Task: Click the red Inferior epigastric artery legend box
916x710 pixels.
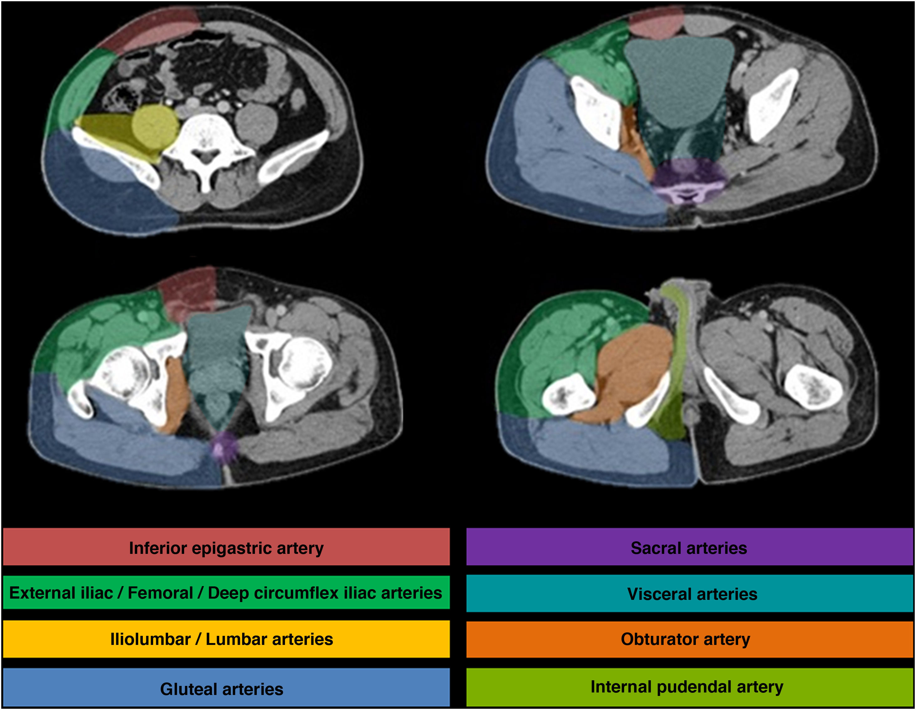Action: tap(226, 547)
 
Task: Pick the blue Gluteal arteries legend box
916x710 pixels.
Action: tap(226, 687)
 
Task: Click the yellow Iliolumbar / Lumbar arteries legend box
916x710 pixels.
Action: tap(226, 639)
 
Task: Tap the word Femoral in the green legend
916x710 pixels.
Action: tap(160, 593)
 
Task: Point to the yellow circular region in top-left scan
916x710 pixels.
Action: tap(155, 126)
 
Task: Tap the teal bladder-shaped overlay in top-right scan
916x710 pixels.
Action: tap(680, 79)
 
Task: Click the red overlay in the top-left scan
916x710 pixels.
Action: tap(151, 31)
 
